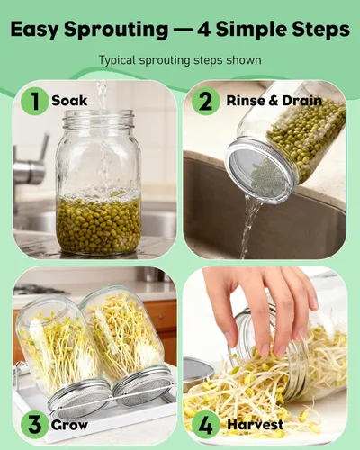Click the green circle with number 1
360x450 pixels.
click(x=34, y=101)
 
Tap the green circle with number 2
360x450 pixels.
click(x=206, y=101)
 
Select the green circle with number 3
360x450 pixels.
click(x=34, y=425)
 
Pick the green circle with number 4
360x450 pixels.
click(x=206, y=425)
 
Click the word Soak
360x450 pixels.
click(x=69, y=101)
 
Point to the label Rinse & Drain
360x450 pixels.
click(x=274, y=101)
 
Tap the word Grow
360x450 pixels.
click(x=69, y=425)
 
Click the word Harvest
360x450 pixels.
click(x=256, y=425)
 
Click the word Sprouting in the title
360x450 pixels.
click(x=116, y=30)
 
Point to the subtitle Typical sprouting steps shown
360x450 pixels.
click(x=180, y=60)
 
